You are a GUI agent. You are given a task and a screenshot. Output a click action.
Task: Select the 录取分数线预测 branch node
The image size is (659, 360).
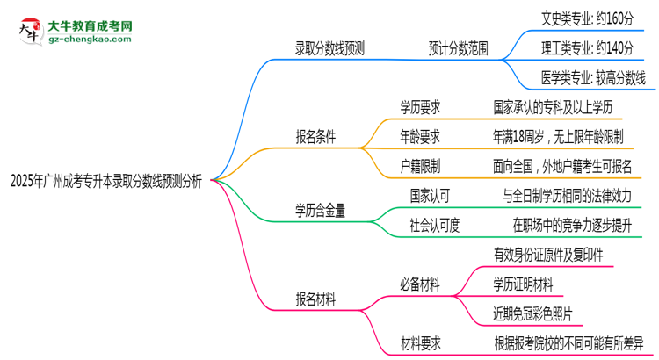pos(329,49)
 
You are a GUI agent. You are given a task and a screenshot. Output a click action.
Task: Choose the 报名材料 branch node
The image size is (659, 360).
pos(315,298)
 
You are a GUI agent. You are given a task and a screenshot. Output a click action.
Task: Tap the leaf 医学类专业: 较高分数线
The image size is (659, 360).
pos(594,77)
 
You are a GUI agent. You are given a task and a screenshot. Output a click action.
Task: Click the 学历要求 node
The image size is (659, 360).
pos(420,106)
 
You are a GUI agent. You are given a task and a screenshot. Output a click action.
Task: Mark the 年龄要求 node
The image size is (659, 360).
pos(420,136)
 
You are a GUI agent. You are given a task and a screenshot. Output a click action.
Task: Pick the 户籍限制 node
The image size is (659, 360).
pos(420,166)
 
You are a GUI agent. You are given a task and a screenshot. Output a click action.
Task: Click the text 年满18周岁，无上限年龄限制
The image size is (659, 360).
pos(558,136)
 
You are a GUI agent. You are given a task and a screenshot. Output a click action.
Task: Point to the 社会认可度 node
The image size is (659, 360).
pos(436,225)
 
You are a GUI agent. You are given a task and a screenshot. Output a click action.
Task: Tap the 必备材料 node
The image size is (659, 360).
pos(420,284)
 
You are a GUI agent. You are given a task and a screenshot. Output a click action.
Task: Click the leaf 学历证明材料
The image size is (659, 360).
pos(524,284)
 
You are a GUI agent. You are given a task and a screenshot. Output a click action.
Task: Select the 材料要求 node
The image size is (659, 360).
pos(420,342)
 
